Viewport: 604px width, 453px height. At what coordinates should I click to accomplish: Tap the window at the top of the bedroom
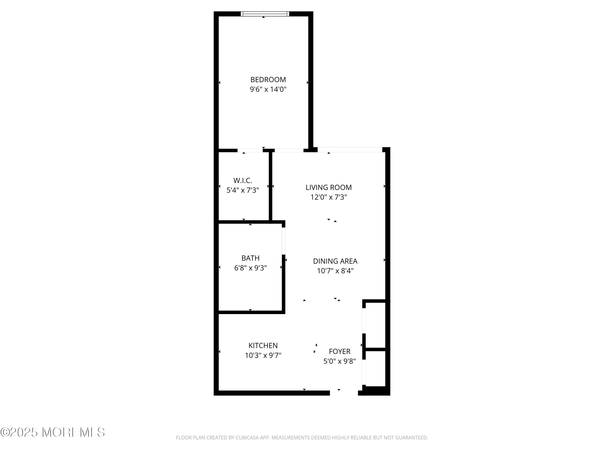pyautogui.click(x=265, y=14)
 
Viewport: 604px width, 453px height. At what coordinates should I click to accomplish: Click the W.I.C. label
pyautogui.click(x=242, y=180)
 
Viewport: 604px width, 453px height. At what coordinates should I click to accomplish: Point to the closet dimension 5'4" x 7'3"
pyautogui.click(x=242, y=190)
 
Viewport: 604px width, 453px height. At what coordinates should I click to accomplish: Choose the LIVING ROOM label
pyautogui.click(x=329, y=187)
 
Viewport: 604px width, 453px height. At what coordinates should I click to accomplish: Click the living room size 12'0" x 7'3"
pyautogui.click(x=329, y=197)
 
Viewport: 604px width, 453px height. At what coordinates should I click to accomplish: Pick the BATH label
pyautogui.click(x=250, y=258)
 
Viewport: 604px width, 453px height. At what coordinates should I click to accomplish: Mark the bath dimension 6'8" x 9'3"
pyautogui.click(x=250, y=268)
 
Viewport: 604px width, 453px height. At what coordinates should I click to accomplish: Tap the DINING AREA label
pyautogui.click(x=335, y=261)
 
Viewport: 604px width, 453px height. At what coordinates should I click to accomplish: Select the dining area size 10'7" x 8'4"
pyautogui.click(x=335, y=271)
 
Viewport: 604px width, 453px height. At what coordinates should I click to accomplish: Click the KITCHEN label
pyautogui.click(x=263, y=345)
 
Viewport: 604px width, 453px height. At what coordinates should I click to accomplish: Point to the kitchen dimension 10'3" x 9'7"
pyautogui.click(x=263, y=355)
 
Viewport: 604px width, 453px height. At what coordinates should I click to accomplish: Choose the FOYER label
pyautogui.click(x=339, y=351)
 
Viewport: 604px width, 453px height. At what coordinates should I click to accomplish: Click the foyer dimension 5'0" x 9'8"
pyautogui.click(x=339, y=361)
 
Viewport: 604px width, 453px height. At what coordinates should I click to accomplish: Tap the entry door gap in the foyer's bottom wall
pyautogui.click(x=344, y=393)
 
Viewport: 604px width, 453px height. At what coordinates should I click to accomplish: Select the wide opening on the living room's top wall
pyautogui.click(x=350, y=150)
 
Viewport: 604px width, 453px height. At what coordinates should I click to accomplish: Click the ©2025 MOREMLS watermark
pyautogui.click(x=52, y=432)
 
